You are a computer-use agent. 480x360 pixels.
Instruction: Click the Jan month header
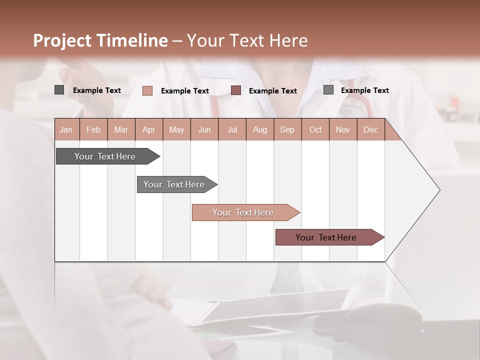pyautogui.click(x=66, y=129)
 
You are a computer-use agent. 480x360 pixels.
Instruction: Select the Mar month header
pyautogui.click(x=121, y=129)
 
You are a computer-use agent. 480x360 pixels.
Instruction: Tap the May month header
pyautogui.click(x=176, y=129)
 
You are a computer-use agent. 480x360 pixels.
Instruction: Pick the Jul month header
pyautogui.click(x=232, y=129)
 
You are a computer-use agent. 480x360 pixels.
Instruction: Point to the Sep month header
pyautogui.click(x=287, y=129)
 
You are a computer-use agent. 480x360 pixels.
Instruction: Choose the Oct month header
pyautogui.click(x=315, y=129)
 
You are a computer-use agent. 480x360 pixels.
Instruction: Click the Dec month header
pyautogui.click(x=370, y=129)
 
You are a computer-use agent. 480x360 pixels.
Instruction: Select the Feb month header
pyautogui.click(x=93, y=129)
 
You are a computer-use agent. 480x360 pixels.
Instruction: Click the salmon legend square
pyautogui.click(x=147, y=90)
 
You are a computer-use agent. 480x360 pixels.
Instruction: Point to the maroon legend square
pyautogui.click(x=236, y=90)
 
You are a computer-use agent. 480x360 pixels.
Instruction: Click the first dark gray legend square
pyautogui.click(x=59, y=90)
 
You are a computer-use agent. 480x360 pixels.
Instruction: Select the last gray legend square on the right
pyautogui.click(x=328, y=90)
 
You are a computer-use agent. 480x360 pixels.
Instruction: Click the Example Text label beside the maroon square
pyautogui.click(x=273, y=91)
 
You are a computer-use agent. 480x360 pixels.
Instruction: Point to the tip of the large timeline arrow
pyautogui.click(x=439, y=190)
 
